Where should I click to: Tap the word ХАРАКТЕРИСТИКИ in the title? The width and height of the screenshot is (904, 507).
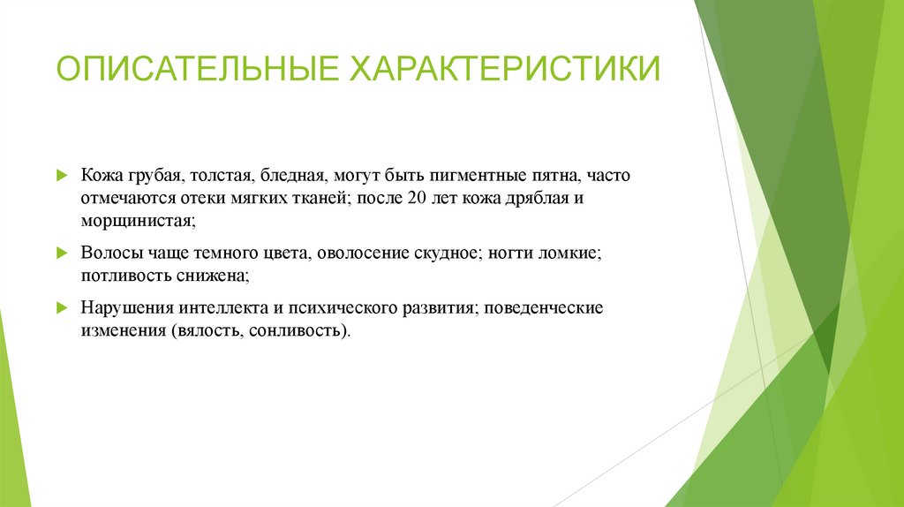(507, 68)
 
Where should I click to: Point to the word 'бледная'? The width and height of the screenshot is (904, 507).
(296, 176)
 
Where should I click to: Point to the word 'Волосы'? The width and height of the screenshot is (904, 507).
(108, 253)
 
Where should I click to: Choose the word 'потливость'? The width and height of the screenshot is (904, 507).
(123, 275)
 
